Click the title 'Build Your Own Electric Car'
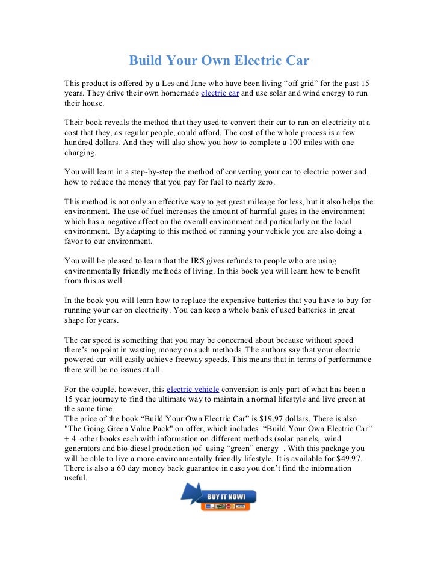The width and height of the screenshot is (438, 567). pos(219,61)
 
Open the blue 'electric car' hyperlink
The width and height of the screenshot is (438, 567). pos(220,93)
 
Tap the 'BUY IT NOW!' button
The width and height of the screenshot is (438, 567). pos(227,497)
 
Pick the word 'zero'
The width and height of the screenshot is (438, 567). pos(264,182)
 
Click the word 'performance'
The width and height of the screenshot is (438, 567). pos(348,359)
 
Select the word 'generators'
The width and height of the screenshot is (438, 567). pos(85,448)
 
